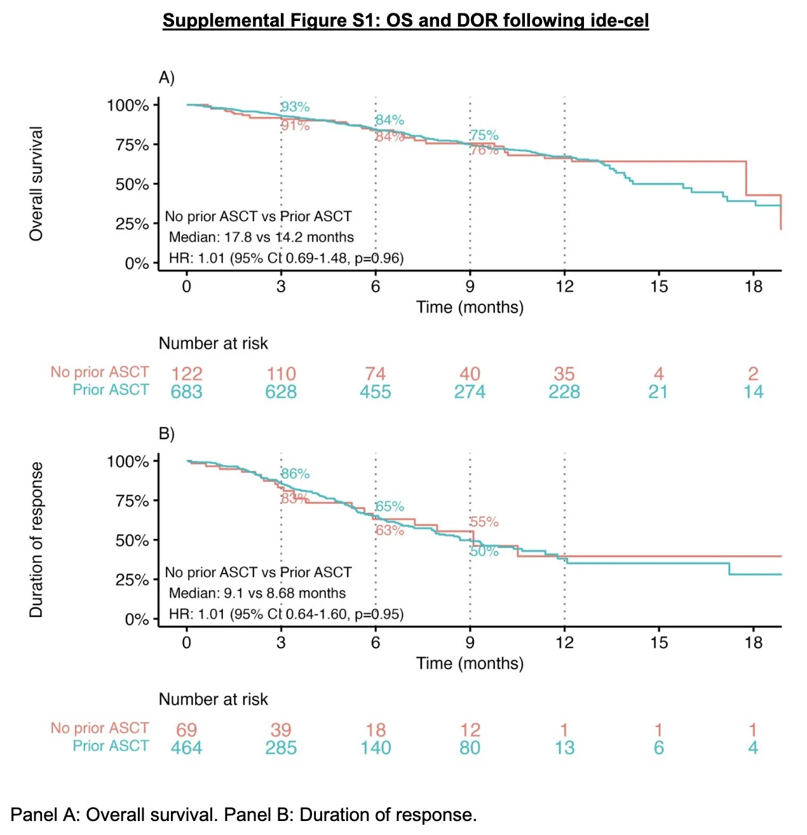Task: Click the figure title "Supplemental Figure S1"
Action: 405,20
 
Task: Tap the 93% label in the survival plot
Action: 295,107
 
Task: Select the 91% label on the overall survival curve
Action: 295,125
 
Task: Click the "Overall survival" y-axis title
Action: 36,184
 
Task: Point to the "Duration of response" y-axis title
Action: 36,540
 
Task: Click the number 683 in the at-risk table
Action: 186,391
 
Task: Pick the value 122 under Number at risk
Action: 186,374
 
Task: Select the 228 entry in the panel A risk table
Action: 564,391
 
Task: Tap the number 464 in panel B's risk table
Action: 186,748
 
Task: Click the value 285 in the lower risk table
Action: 281,748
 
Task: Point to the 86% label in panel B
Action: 295,473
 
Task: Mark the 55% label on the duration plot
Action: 484,522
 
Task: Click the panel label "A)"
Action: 166,78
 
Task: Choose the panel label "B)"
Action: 166,433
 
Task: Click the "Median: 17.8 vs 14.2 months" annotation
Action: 261,237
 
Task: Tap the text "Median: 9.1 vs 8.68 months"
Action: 257,593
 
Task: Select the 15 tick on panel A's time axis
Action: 658,287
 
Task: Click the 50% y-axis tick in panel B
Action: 132,540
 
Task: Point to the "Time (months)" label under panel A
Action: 470,308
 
